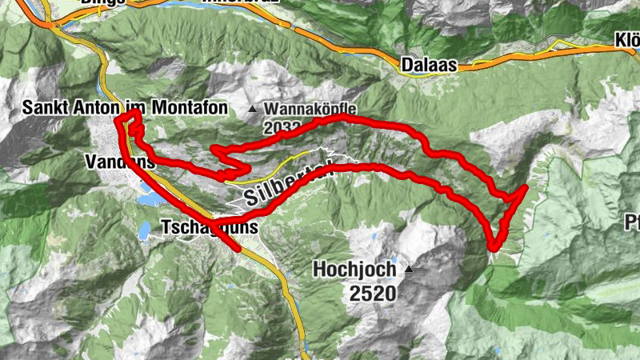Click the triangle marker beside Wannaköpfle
tap(254, 109)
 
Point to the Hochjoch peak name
tap(354, 269)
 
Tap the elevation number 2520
tap(372, 293)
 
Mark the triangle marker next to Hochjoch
tap(410, 269)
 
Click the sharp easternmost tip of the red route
tap(526, 187)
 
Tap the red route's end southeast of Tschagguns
tap(238, 249)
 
